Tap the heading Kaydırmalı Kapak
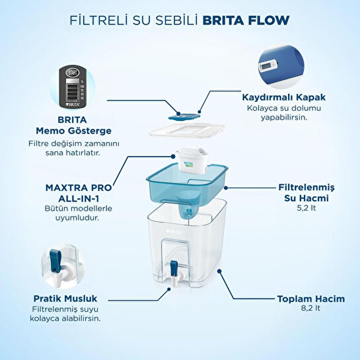tap(283, 97)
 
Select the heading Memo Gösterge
tap(69, 131)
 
